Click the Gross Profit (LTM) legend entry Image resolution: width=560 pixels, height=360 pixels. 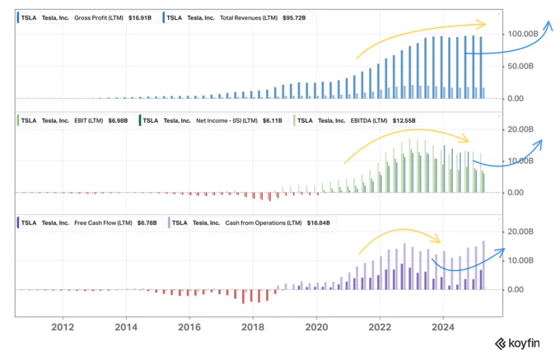pyautogui.click(x=86, y=18)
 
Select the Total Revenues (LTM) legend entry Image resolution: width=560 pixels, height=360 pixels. pyautogui.click(x=236, y=18)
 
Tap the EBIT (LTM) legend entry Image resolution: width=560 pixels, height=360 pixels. pyautogui.click(x=73, y=121)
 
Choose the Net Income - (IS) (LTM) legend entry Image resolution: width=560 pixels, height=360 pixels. pyautogui.click(x=212, y=121)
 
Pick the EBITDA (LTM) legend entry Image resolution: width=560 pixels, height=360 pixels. pyautogui.click(x=356, y=121)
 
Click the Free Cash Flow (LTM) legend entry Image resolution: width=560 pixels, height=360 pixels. pyautogui.click(x=88, y=223)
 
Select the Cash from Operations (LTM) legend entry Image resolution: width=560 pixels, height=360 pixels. pyautogui.click(x=250, y=223)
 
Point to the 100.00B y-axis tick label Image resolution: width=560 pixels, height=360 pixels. pyautogui.click(x=523, y=34)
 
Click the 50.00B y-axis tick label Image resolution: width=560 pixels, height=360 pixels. pyautogui.click(x=520, y=67)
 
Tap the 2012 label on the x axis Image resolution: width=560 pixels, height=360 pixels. pyautogui.click(x=63, y=327)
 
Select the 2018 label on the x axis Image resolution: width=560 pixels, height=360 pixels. pyautogui.click(x=253, y=327)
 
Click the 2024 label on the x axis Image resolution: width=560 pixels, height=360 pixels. pyautogui.click(x=443, y=327)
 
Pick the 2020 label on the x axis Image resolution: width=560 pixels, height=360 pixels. pyautogui.click(x=316, y=327)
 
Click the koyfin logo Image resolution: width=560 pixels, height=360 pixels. pyautogui.click(x=517, y=344)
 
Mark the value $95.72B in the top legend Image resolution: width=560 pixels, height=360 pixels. pyautogui.click(x=294, y=18)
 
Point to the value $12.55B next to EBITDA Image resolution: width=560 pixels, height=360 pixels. pyautogui.click(x=404, y=121)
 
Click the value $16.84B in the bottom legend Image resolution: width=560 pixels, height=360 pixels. pyautogui.click(x=319, y=223)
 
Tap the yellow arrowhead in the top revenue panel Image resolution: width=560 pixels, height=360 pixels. pyautogui.click(x=482, y=24)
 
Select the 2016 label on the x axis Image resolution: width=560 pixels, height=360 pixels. pyautogui.click(x=189, y=327)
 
